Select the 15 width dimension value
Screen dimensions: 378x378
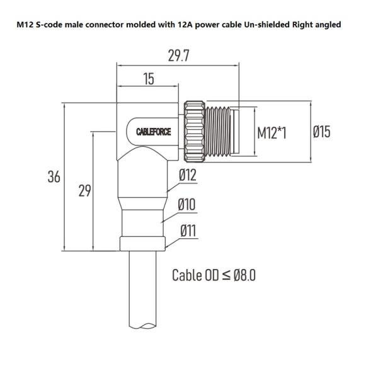tap(149, 79)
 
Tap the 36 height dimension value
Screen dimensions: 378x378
tap(54, 177)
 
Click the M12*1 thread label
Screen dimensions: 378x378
tap(272, 133)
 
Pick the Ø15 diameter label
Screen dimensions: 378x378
tap(321, 132)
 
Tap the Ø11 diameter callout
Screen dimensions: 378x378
tap(188, 231)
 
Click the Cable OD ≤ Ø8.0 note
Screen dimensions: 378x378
tap(214, 275)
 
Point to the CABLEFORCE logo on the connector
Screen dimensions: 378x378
tap(154, 132)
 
